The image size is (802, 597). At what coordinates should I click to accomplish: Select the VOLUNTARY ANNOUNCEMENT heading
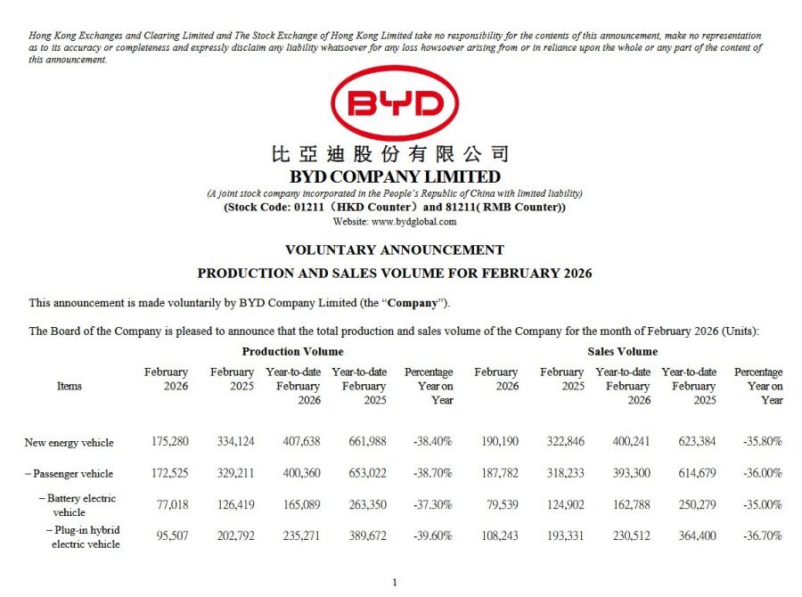click(394, 249)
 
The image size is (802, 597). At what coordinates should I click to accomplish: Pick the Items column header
click(69, 386)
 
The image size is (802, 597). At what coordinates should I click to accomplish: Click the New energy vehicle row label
click(69, 442)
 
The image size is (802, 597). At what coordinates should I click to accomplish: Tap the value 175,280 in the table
click(168, 442)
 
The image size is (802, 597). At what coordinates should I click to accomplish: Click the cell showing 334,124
click(233, 442)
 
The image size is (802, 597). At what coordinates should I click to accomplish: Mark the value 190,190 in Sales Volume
click(496, 442)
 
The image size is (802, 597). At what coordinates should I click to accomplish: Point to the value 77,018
click(171, 504)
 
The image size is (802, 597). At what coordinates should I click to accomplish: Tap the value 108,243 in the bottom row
click(496, 536)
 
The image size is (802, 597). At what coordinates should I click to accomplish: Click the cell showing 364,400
click(693, 536)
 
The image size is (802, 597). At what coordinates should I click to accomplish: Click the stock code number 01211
click(311, 208)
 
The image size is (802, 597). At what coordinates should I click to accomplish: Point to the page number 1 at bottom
click(394, 582)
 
